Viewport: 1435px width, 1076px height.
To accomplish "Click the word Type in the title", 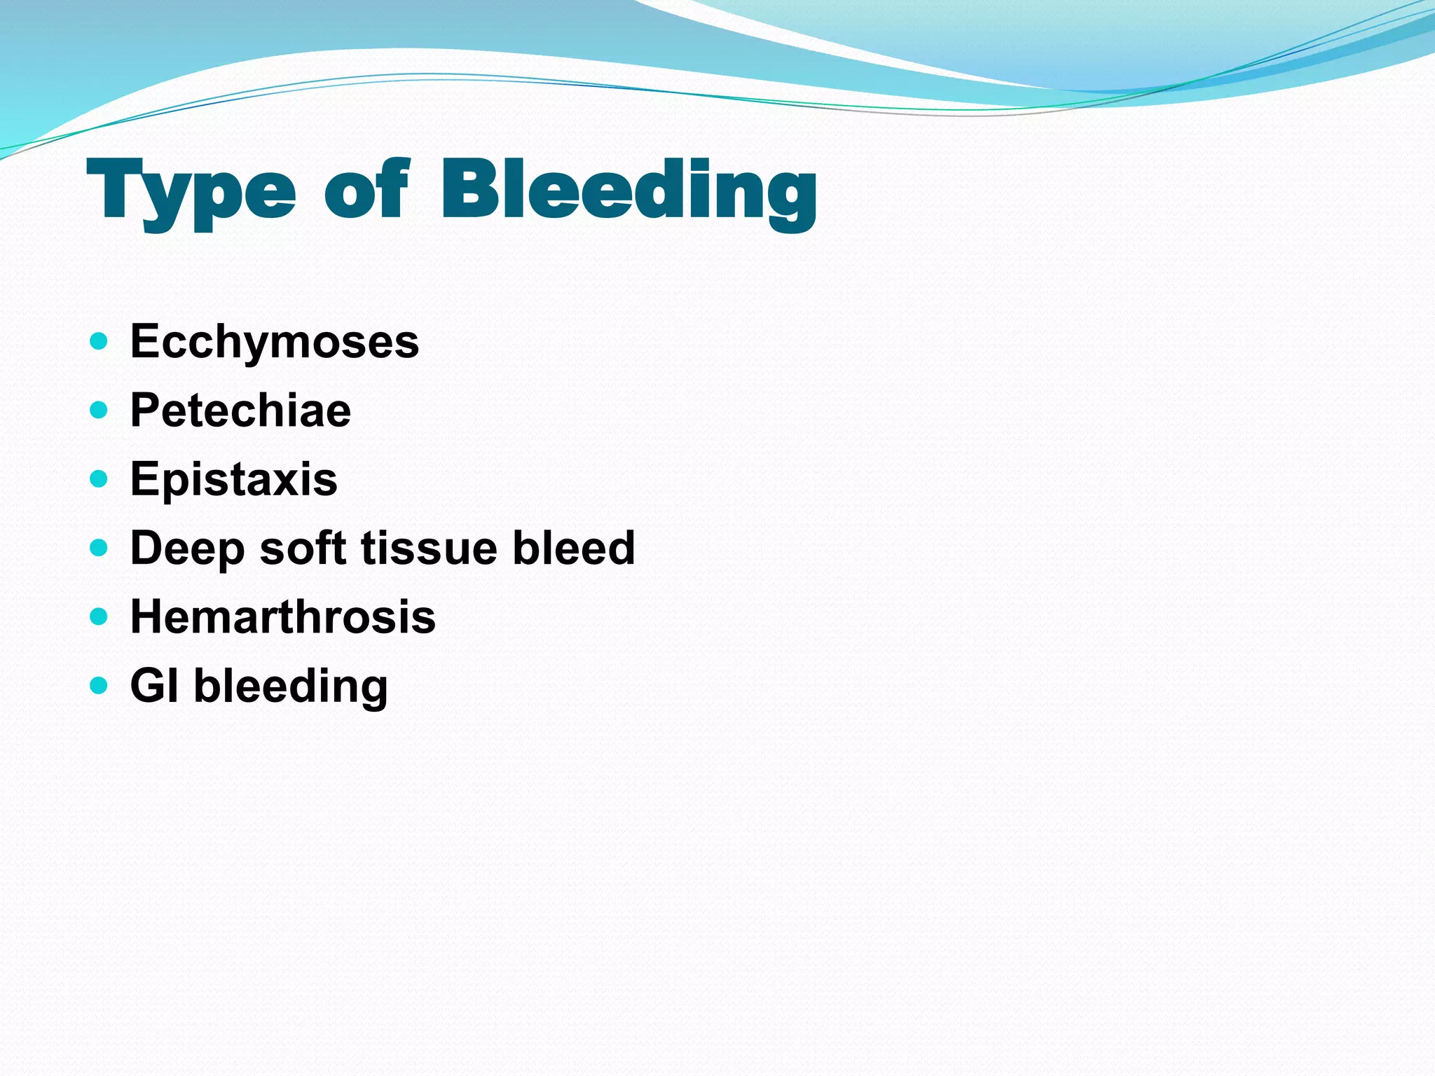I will point(191,191).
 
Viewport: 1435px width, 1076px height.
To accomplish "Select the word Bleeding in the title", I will point(629,191).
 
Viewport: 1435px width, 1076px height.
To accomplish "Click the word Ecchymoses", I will point(275,342).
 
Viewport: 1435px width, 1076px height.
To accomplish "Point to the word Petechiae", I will point(240,411).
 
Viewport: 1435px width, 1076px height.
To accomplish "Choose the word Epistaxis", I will point(233,479).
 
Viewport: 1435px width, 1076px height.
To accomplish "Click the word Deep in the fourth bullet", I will point(187,549).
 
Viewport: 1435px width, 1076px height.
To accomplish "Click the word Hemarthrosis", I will point(283,616).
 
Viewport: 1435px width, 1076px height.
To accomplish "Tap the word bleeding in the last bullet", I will point(291,687).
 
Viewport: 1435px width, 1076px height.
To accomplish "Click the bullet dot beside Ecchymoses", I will point(99,342).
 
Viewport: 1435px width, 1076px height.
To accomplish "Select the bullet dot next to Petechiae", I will point(99,411).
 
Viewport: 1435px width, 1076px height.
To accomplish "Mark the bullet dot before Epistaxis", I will point(99,479).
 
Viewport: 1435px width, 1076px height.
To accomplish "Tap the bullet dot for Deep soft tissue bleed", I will point(99,548).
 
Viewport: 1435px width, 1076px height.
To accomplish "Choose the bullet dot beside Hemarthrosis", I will point(99,616).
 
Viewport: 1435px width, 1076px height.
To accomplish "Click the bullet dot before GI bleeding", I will point(99,685).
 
